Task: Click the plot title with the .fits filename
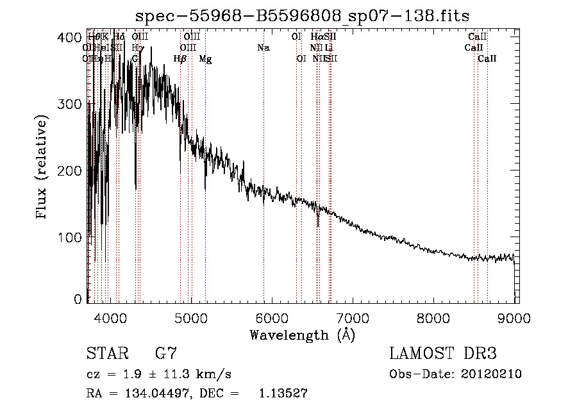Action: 307,15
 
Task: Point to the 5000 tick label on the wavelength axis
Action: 190,316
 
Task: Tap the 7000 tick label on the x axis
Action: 353,316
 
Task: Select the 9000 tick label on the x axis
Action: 514,316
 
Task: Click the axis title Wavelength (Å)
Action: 302,335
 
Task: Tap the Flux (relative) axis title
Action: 43,168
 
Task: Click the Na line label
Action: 263,48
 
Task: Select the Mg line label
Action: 205,59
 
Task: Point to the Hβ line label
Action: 180,59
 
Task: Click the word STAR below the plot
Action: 106,354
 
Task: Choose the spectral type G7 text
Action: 166,354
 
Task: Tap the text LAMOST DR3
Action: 443,354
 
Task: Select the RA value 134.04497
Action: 142,394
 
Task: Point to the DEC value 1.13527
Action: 283,394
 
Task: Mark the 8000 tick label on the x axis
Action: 433,316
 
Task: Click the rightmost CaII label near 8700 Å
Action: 487,59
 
